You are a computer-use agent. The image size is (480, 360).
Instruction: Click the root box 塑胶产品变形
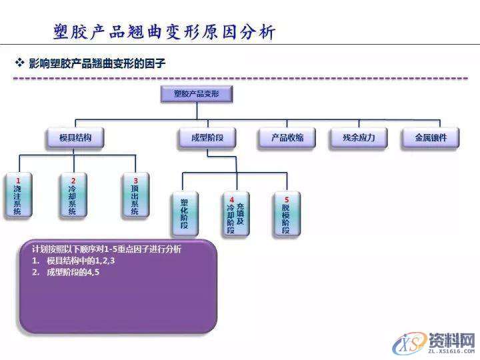[x=196, y=95]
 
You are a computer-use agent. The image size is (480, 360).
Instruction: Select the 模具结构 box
[x=75, y=138]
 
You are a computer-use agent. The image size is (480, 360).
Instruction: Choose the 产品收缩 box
[x=287, y=138]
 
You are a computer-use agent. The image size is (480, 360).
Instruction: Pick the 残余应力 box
[x=359, y=138]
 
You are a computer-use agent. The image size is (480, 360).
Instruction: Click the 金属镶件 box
[x=431, y=138]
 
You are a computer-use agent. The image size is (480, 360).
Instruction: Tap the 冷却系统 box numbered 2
[x=73, y=196]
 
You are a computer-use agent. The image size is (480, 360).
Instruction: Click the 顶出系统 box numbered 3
[x=135, y=196]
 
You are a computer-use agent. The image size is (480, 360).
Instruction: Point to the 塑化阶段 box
[x=185, y=214]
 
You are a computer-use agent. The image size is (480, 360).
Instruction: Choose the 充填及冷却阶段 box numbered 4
[x=235, y=214]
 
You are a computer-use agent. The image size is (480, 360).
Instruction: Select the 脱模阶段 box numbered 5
[x=287, y=214]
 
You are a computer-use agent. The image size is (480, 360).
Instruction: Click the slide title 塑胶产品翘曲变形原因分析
[x=164, y=32]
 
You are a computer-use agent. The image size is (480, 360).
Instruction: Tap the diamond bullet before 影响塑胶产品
[x=20, y=63]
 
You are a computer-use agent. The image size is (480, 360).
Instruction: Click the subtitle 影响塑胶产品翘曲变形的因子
[x=97, y=64]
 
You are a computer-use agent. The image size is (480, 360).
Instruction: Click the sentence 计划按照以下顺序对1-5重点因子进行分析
[x=107, y=249]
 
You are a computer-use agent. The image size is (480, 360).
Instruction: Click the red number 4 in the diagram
[x=231, y=199]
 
